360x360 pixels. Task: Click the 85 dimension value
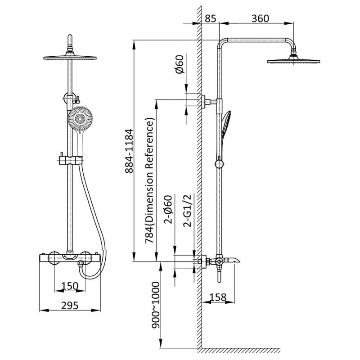(x=211, y=18)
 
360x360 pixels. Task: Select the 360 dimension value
(x=260, y=18)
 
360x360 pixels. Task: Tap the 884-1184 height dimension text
(x=129, y=151)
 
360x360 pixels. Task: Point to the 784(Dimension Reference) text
(x=149, y=181)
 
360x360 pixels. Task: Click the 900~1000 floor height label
(x=156, y=305)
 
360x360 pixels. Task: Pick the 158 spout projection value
(x=218, y=297)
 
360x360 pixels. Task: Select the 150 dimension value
(x=70, y=286)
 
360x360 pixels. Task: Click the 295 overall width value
(x=70, y=306)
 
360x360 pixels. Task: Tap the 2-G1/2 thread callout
(x=187, y=211)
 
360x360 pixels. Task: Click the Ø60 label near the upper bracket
(x=180, y=64)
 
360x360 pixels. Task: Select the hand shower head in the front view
(x=80, y=118)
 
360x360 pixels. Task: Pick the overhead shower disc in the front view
(x=70, y=58)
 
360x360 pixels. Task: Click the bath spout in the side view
(x=231, y=261)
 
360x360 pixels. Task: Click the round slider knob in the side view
(x=219, y=164)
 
